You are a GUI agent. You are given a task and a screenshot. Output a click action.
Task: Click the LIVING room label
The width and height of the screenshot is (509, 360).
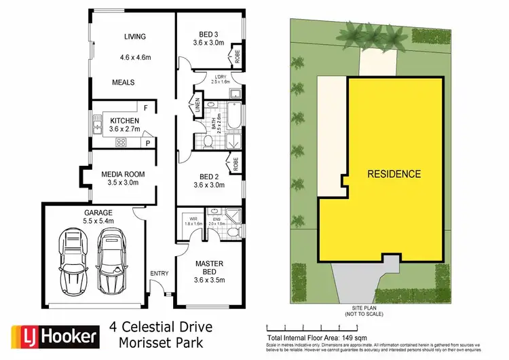pos(134,37)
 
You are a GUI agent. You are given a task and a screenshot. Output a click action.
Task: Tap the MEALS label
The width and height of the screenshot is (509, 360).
pos(124,82)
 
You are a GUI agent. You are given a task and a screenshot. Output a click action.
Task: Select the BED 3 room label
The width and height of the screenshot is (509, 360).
pos(208,33)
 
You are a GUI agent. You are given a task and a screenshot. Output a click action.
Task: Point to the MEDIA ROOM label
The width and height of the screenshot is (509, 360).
pos(122,174)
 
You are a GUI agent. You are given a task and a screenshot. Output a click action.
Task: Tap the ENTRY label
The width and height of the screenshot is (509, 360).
pos(159,273)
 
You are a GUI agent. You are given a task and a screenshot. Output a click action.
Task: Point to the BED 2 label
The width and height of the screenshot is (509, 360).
pos(208,175)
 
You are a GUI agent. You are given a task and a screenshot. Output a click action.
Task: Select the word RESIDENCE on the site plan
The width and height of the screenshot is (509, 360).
pos(394,174)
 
